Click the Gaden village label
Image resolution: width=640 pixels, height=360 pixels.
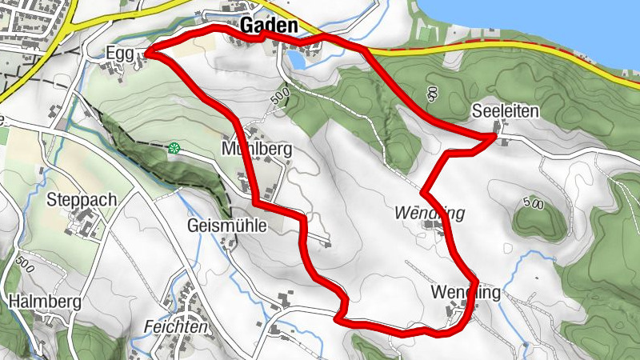268,26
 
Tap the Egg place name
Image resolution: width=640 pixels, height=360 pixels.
118,54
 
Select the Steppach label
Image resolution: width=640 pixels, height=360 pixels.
82,199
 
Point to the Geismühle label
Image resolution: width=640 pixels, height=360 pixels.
226,226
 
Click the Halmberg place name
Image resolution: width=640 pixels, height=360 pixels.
45,302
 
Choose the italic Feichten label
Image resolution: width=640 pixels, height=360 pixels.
176,327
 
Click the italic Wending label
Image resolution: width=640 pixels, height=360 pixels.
430,214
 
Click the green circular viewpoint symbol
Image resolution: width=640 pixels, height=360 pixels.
173,146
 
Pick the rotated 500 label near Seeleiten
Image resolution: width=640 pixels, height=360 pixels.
433,95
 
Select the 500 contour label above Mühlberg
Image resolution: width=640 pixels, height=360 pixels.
278,98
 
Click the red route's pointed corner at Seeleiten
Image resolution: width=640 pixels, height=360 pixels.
494,138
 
